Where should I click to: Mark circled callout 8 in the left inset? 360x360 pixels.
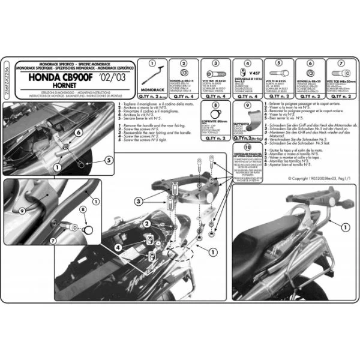pyautogui.click(x=83, y=210)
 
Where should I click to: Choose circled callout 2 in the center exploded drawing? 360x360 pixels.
pyautogui.click(x=146, y=223)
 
